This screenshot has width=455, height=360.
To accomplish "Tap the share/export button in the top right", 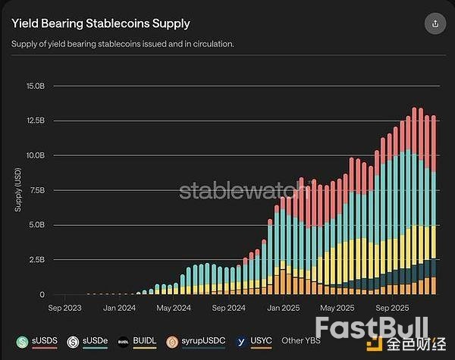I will tap(435, 23).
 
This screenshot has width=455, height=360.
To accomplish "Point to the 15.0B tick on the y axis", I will tap(35, 86).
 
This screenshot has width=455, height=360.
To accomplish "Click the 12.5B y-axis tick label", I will tap(35, 121).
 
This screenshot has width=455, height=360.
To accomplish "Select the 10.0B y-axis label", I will tap(35, 155).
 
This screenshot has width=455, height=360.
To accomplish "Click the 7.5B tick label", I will tap(37, 190).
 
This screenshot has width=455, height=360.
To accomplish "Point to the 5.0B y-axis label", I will tap(37, 225).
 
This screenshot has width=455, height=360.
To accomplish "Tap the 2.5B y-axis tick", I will tap(37, 260).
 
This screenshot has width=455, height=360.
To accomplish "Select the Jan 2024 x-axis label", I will tap(120, 308).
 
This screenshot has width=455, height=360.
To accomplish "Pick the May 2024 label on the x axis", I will tap(174, 308).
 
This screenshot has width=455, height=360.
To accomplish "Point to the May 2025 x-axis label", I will tap(337, 308).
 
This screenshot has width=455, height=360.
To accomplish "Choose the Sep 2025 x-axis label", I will tap(394, 308).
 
